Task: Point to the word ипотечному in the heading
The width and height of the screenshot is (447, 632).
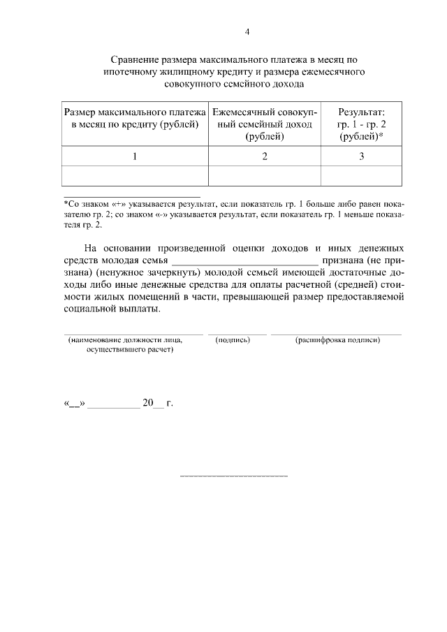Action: (131, 72)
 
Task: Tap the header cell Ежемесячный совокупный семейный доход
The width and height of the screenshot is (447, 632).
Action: (265, 124)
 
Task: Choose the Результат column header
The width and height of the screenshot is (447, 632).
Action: (361, 124)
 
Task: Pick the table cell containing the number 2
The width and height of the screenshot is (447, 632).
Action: (265, 156)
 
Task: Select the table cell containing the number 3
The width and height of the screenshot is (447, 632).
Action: (361, 156)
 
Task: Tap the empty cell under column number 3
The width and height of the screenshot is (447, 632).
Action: (361, 176)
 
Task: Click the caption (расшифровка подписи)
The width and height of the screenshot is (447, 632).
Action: (337, 340)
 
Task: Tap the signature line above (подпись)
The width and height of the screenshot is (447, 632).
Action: (237, 334)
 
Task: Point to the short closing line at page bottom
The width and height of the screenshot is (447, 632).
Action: (234, 476)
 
